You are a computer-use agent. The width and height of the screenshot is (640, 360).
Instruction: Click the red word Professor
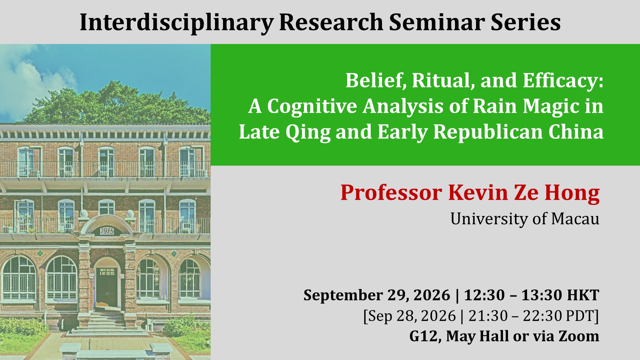[391, 193]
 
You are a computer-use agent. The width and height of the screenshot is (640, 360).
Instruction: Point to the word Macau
[575, 219]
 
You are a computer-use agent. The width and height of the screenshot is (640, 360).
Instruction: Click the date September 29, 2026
[377, 295]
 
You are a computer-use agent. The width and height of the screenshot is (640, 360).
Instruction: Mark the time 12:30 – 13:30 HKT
[532, 295]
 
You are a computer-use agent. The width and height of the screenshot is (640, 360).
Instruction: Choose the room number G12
[423, 336]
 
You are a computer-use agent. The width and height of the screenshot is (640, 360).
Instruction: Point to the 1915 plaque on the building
[106, 231]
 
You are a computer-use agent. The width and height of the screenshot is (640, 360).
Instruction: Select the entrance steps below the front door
[107, 323]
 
